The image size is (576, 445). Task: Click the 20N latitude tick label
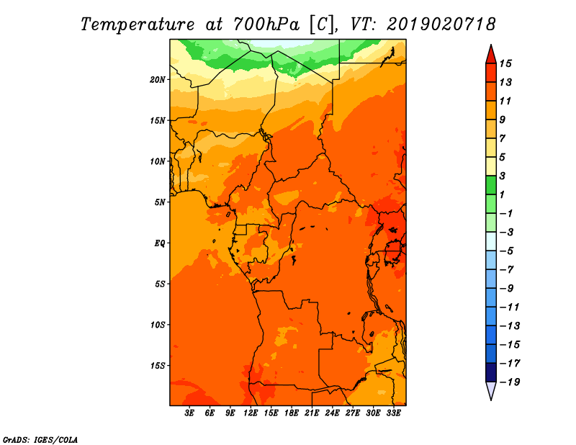pyautogui.click(x=157, y=79)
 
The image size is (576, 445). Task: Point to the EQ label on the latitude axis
pyautogui.click(x=159, y=243)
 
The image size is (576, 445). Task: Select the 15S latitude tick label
pyautogui.click(x=157, y=366)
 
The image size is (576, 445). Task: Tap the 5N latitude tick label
pyautogui.click(x=159, y=202)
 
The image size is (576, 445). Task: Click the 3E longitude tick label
pyautogui.click(x=189, y=413)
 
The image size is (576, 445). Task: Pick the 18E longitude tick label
pyautogui.click(x=292, y=413)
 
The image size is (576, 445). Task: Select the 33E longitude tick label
pyautogui.click(x=393, y=413)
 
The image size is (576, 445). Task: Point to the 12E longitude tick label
pyautogui.click(x=251, y=413)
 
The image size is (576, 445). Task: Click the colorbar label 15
pyautogui.click(x=505, y=63)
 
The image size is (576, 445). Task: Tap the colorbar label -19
pyautogui.click(x=510, y=382)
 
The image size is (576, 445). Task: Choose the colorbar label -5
pyautogui.click(x=507, y=251)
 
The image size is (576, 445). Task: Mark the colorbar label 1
pyautogui.click(x=502, y=194)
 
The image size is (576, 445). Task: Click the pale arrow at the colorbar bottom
pyautogui.click(x=491, y=390)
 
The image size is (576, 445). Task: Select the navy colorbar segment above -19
pyautogui.click(x=491, y=372)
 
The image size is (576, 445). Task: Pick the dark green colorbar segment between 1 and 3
pyautogui.click(x=491, y=185)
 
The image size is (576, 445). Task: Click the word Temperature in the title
pyautogui.click(x=138, y=24)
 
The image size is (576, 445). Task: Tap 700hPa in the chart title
pyautogui.click(x=266, y=24)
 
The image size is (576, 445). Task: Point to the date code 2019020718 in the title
pyautogui.click(x=441, y=24)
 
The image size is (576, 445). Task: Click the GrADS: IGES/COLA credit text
pyautogui.click(x=40, y=439)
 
